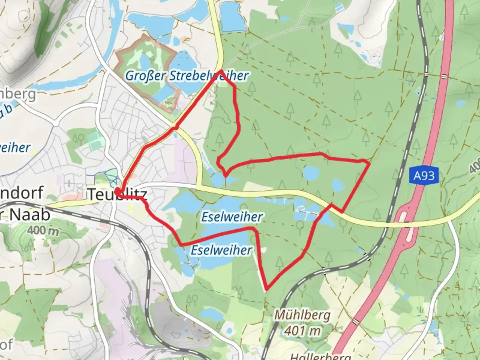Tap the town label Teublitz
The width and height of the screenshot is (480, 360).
tap(117, 194)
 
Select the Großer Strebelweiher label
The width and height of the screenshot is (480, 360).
tap(187, 76)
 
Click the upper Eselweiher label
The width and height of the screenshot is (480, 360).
tap(232, 217)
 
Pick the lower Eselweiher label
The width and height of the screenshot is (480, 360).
tap(221, 250)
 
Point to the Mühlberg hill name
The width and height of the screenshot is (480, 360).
tap(302, 315)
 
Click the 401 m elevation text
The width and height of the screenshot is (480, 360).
tap(303, 331)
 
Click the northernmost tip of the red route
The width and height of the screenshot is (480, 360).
tap(221, 71)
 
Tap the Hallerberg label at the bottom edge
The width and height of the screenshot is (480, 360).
tap(320, 356)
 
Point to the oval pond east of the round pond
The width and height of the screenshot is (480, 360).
tap(338, 184)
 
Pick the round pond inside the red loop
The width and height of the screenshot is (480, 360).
tap(311, 173)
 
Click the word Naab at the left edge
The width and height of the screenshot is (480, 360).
tap(30, 215)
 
